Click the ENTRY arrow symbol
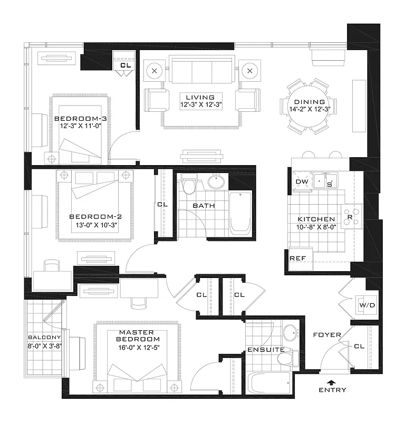pos(331,382)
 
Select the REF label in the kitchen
pos(296,258)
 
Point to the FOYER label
pos(327,335)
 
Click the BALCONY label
pos(44,337)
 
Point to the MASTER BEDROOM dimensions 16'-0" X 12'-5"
pos(139,348)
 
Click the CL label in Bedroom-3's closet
pos(126,65)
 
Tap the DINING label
pos(306,102)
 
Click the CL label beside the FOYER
pos(360,347)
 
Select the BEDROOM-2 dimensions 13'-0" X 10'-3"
pos(96,224)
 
